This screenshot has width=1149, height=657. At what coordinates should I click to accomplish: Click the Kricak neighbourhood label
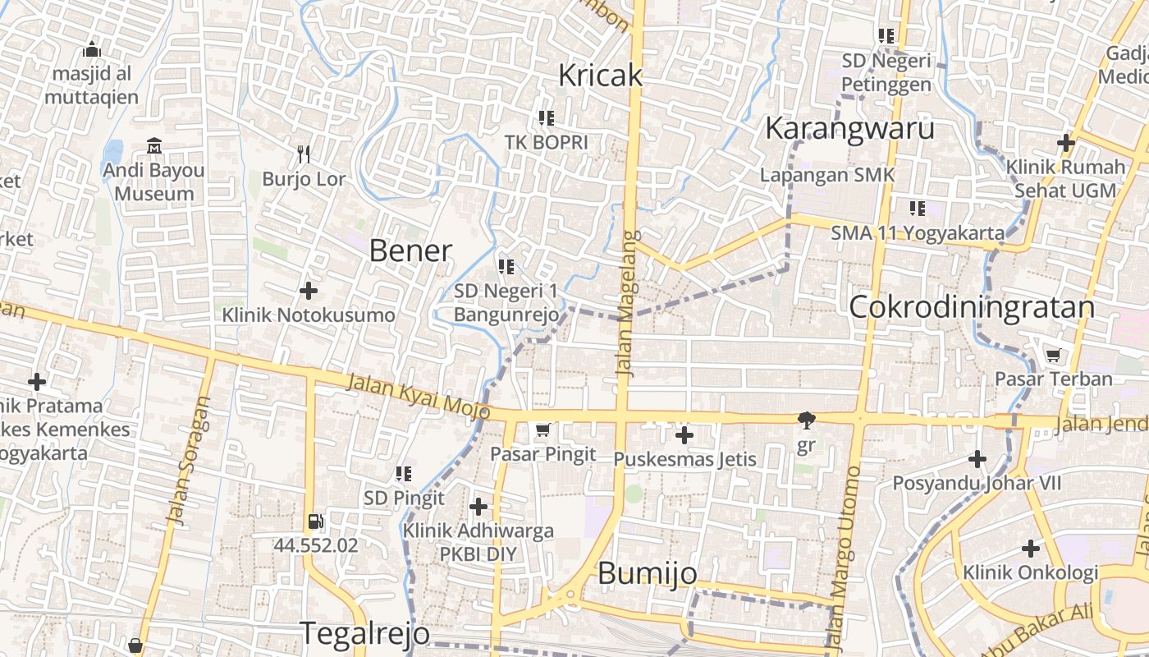(x=600, y=76)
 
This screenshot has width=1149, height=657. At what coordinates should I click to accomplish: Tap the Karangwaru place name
(x=849, y=129)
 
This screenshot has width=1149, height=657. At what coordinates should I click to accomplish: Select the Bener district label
(x=410, y=250)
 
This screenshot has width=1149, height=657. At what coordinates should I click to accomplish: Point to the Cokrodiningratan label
(x=972, y=307)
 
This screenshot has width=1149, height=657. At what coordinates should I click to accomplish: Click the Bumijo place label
(x=648, y=573)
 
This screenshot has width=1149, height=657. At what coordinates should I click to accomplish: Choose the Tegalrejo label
(x=364, y=633)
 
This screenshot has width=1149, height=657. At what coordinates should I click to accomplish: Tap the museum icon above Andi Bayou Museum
(x=154, y=146)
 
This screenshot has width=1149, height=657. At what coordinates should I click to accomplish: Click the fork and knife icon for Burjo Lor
(x=304, y=154)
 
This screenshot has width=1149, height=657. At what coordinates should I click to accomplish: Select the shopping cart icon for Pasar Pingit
(x=542, y=430)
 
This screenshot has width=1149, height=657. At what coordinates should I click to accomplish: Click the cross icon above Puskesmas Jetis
(x=684, y=434)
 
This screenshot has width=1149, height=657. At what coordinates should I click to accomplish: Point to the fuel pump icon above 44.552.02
(x=315, y=521)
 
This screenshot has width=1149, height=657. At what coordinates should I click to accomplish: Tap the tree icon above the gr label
(x=806, y=420)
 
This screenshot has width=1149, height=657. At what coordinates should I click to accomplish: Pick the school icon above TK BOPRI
(x=547, y=117)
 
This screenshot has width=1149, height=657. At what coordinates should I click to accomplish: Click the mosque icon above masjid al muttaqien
(x=92, y=49)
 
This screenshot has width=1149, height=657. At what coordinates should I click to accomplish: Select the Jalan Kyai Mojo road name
(x=418, y=395)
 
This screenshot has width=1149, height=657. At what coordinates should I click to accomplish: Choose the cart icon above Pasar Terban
(x=1053, y=355)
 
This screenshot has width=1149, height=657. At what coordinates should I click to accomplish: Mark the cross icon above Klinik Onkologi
(x=1031, y=548)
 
